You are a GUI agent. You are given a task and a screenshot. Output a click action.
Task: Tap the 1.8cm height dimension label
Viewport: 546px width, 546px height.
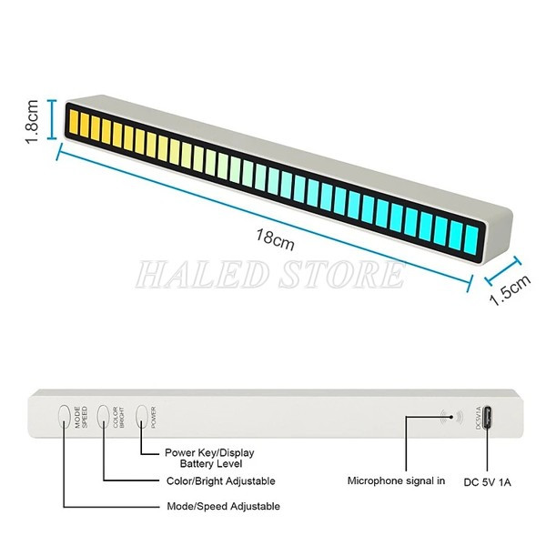tap(31, 122)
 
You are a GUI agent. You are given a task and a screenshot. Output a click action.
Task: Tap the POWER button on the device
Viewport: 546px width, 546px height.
tap(142, 416)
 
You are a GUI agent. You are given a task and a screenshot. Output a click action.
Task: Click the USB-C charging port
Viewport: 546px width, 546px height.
tap(489, 417)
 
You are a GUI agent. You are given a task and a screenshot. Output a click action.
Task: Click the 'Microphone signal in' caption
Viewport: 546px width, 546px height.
tap(396, 480)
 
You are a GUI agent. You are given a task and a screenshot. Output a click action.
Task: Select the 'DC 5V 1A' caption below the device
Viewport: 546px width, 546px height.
tap(488, 481)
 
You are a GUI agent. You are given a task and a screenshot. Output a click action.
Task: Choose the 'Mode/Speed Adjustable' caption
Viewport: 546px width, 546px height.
tap(224, 506)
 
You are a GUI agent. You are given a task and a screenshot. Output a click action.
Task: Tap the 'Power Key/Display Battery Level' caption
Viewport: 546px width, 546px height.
tap(209, 458)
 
